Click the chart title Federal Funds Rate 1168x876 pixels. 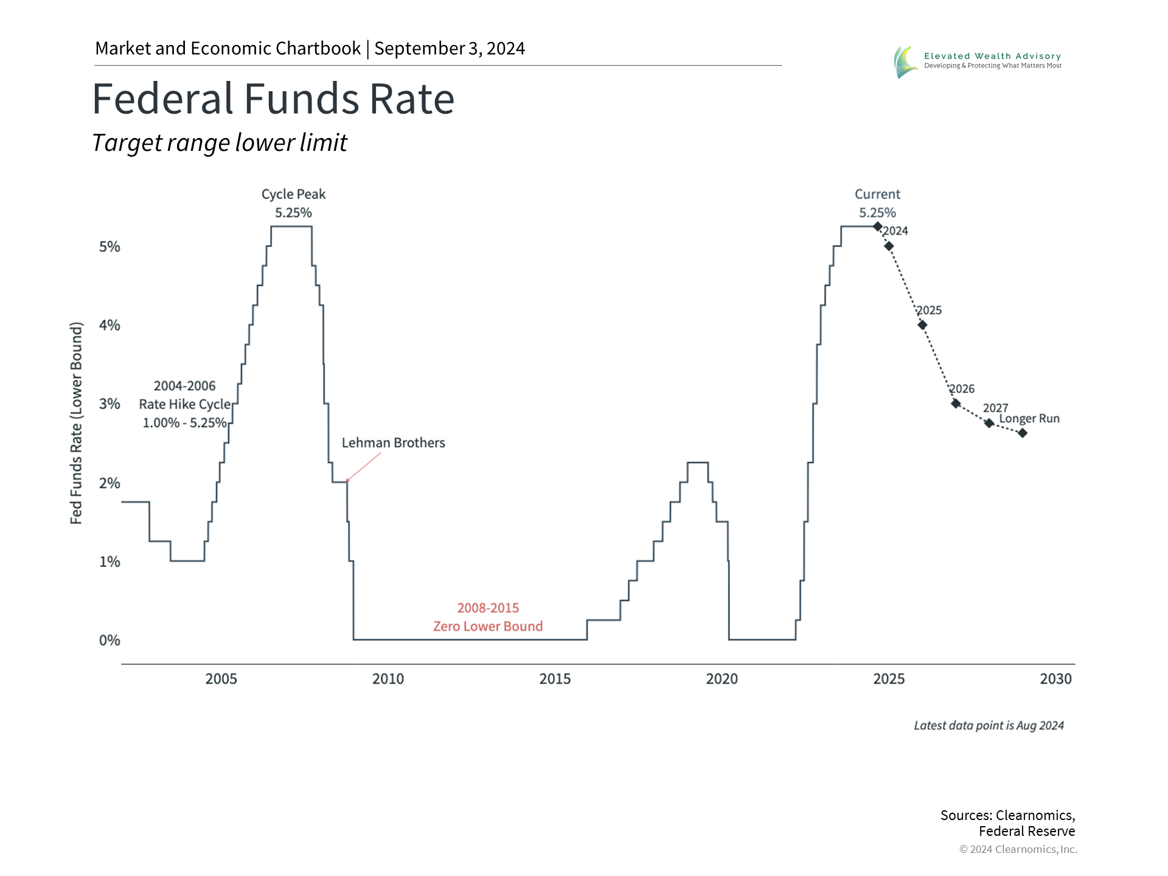point(273,99)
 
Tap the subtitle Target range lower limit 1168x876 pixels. point(220,143)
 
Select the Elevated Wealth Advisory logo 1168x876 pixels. point(977,61)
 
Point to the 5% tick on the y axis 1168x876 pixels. point(109,246)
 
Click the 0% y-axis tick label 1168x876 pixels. point(109,640)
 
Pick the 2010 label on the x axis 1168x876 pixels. point(388,679)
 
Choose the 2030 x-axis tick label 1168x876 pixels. point(1055,679)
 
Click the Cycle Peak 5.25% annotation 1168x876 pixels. point(294,203)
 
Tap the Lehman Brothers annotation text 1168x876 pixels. point(393,443)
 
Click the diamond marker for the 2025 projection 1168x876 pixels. point(922,325)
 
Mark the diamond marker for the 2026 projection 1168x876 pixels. point(956,403)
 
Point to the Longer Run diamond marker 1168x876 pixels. point(1023,433)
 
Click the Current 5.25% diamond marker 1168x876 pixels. point(878,226)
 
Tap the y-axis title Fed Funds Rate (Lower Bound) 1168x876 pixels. point(76,423)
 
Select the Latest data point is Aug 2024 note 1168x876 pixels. point(989,726)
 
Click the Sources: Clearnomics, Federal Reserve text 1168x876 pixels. point(1007,823)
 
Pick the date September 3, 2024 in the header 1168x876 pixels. point(450,49)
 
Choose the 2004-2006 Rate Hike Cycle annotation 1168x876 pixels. point(184,405)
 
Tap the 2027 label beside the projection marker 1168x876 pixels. point(995,408)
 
